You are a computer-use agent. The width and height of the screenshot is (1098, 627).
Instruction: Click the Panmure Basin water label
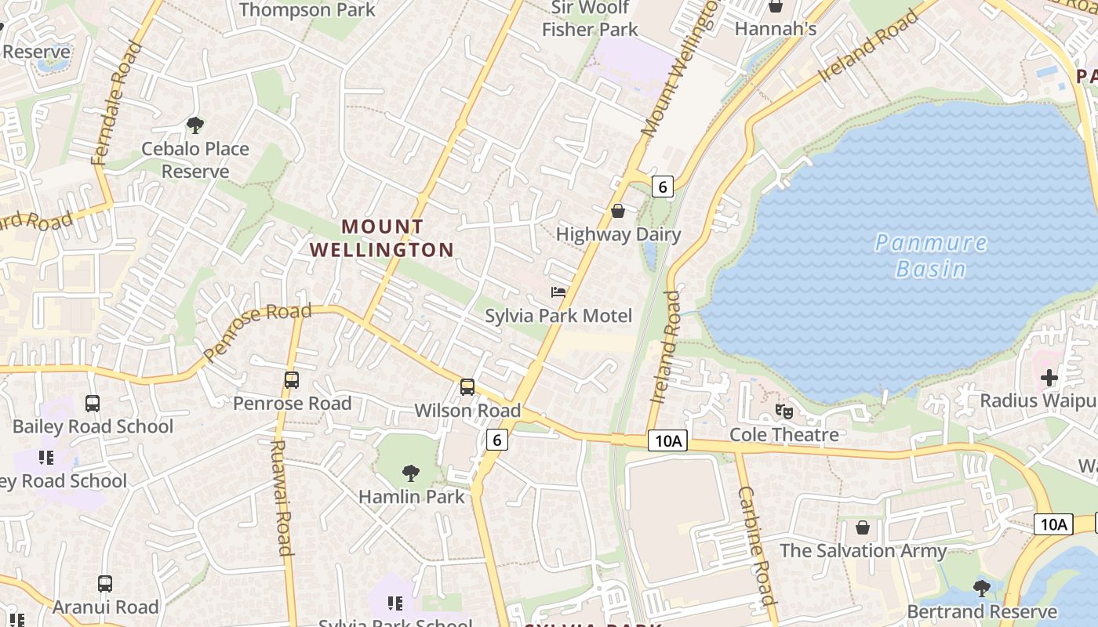tap(931, 256)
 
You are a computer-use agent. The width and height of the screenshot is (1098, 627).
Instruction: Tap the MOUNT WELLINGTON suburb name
tap(382, 238)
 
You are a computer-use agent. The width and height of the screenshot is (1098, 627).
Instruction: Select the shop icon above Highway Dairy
tap(618, 211)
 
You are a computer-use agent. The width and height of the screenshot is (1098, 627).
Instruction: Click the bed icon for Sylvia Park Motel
tap(558, 292)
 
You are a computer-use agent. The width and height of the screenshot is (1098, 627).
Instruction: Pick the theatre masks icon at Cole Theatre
tap(784, 411)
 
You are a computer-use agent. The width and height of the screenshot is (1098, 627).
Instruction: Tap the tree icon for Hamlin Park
tap(410, 473)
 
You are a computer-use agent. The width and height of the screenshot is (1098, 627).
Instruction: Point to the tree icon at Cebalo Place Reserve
tap(195, 125)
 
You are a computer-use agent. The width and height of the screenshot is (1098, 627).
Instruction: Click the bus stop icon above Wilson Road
tap(467, 387)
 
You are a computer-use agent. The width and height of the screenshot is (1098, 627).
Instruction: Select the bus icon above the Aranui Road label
tap(105, 584)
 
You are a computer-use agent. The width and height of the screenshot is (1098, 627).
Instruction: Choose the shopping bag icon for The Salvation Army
tap(863, 527)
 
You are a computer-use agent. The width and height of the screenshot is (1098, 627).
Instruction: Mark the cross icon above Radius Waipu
tap(1049, 378)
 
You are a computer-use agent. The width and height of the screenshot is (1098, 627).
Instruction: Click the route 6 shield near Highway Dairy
tap(663, 187)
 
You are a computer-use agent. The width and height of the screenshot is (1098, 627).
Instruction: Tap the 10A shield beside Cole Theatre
tap(667, 441)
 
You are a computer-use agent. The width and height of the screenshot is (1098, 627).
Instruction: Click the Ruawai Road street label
tap(281, 497)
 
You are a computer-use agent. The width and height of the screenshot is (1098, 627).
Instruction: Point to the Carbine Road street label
tap(757, 545)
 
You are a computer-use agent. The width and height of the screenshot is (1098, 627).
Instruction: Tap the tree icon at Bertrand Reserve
tap(981, 588)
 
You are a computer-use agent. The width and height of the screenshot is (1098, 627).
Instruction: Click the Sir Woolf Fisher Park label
tap(590, 19)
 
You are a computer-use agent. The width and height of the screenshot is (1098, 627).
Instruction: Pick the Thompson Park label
tap(307, 10)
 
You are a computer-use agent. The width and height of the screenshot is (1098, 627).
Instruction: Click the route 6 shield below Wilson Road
tap(497, 440)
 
